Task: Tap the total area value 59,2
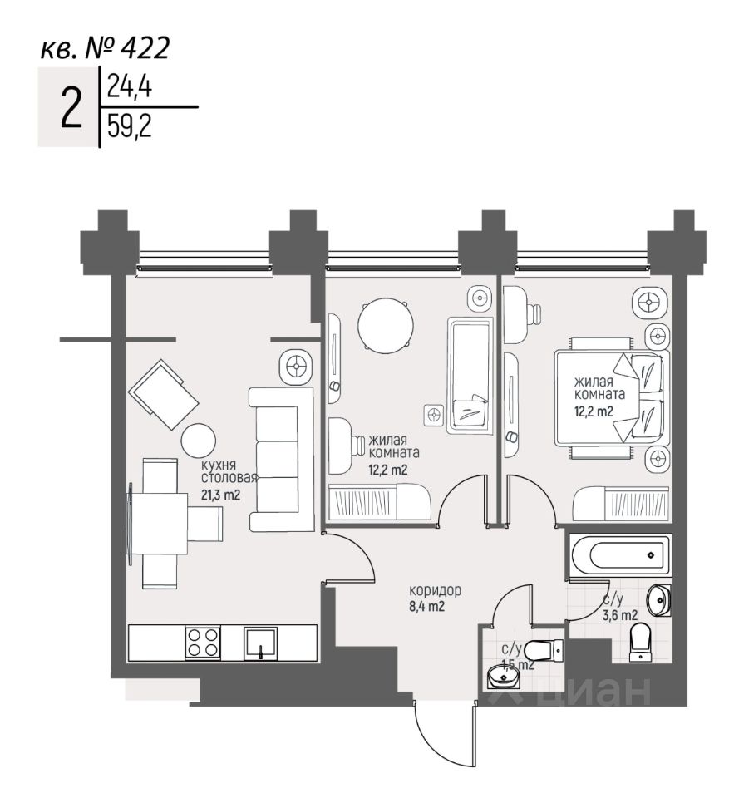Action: (x=130, y=126)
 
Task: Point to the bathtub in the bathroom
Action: (x=620, y=555)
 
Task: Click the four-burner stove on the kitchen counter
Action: (x=203, y=643)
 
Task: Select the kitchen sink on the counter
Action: (x=261, y=643)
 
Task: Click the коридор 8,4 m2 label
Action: (x=436, y=598)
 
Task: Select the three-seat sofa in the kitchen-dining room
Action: (x=282, y=460)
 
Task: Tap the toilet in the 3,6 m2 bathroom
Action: (x=641, y=643)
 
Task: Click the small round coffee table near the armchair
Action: (x=199, y=441)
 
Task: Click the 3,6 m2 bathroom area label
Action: (x=620, y=615)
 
